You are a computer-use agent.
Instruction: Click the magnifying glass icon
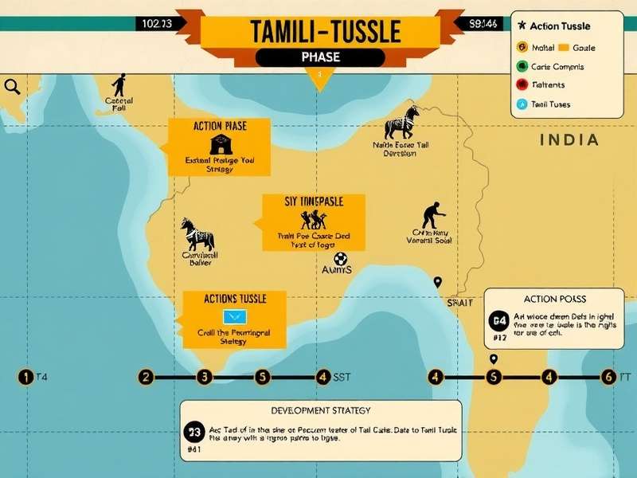point(12,86)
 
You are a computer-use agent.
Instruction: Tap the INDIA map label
point(569,140)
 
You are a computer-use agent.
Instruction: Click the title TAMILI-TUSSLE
point(320,31)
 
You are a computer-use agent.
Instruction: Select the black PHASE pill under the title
point(320,57)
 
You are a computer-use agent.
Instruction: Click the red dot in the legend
point(522,84)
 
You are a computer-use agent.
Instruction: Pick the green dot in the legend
point(522,66)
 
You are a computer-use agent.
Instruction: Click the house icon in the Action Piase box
point(219,145)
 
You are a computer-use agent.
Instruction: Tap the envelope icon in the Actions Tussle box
point(235,317)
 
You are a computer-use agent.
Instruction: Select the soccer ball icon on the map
point(341,258)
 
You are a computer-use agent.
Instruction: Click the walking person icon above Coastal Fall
point(119,85)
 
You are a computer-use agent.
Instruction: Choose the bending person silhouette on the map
point(431,215)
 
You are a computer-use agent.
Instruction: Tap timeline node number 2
point(145,377)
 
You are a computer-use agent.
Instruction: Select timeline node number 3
point(204,377)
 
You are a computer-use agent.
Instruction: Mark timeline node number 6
point(608,377)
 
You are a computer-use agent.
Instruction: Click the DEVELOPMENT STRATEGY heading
point(320,410)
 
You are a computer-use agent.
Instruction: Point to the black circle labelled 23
point(193,433)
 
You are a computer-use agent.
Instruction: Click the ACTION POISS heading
point(555,299)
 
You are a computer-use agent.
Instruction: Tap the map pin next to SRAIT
point(436,282)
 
